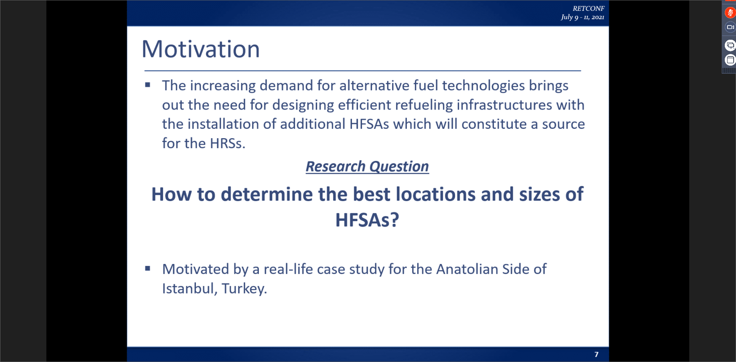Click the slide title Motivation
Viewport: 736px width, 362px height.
201,49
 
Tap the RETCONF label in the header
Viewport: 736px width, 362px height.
588,8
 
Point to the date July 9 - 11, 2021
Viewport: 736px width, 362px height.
583,17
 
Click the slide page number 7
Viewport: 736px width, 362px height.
597,354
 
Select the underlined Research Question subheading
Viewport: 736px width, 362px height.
367,166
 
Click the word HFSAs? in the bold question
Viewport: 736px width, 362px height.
367,220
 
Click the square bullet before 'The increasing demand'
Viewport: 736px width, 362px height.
148,85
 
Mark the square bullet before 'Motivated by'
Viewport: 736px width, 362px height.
148,268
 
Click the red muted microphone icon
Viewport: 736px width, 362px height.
730,13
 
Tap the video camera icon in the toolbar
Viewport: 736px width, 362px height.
730,27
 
